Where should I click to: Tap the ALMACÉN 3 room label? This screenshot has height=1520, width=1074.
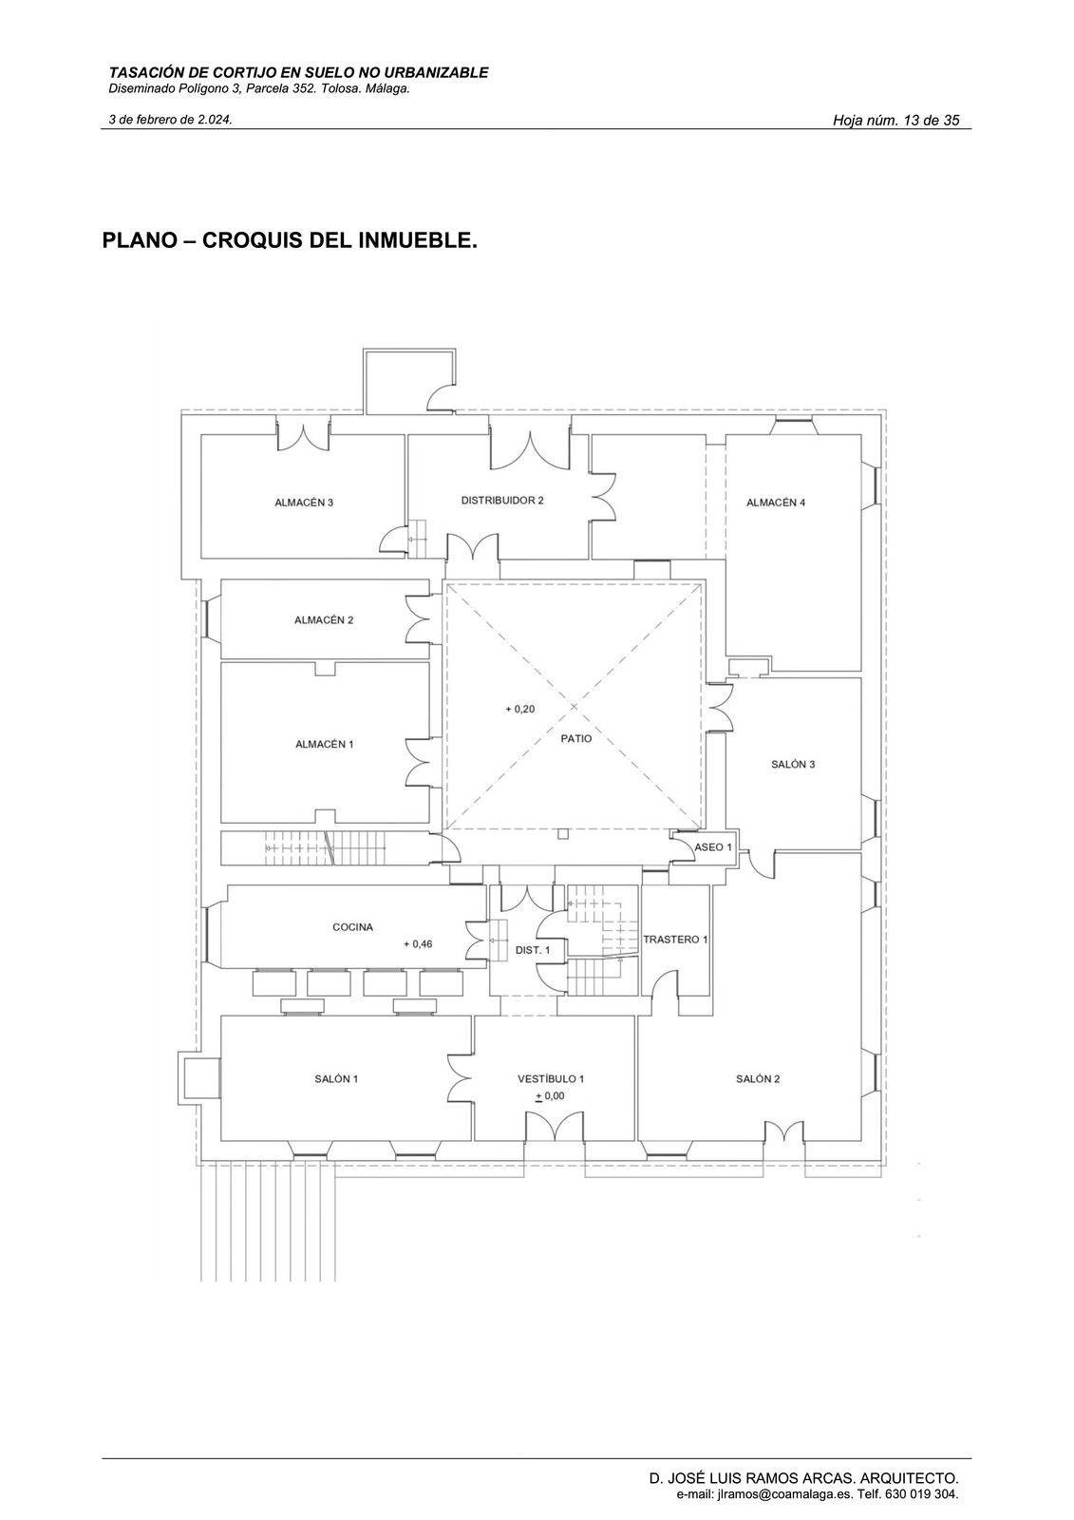(304, 503)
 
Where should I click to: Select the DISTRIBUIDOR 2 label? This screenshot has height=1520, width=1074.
(502, 500)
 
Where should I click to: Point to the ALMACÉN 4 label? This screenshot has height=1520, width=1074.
(776, 503)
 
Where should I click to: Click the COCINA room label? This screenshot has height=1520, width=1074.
(352, 926)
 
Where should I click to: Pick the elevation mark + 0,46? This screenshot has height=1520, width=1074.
(417, 944)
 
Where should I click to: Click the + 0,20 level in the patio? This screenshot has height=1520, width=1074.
(519, 710)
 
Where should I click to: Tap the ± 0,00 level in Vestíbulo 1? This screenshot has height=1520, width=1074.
(550, 1095)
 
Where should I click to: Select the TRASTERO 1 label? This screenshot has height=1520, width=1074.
(675, 940)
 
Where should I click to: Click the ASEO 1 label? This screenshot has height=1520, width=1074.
(714, 846)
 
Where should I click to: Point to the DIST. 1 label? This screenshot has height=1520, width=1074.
(533, 950)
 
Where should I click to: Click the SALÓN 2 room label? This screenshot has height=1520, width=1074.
(758, 1078)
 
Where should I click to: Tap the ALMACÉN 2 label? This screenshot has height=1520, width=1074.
(324, 620)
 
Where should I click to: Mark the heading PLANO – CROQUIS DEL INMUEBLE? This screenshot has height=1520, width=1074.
(289, 239)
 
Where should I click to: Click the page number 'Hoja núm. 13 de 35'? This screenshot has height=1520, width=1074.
(895, 121)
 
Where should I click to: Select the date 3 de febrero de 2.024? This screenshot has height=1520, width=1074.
(171, 120)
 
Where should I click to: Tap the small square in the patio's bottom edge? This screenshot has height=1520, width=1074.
(563, 833)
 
